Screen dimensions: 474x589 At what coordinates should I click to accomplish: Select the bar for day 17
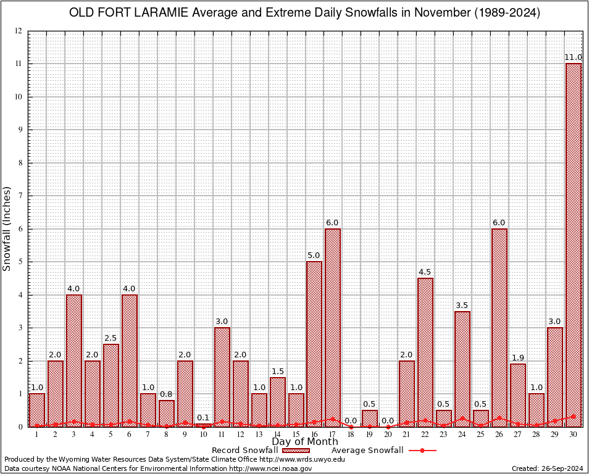[333, 327]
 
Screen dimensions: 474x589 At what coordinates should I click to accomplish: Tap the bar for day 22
[425, 352]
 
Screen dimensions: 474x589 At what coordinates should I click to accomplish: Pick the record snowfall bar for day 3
[74, 360]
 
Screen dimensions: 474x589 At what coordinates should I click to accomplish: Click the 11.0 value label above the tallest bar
[574, 57]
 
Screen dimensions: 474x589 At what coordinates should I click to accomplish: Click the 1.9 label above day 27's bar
[518, 358]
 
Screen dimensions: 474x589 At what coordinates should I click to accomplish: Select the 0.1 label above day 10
[204, 417]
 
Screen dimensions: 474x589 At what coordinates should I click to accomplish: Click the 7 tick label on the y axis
[20, 196]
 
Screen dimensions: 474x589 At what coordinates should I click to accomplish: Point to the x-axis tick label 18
[351, 434]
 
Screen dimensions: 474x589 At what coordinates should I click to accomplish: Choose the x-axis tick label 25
[481, 434]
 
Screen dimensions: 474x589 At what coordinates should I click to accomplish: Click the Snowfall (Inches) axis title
[7, 228]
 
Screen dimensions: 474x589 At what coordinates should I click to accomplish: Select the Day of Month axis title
[304, 442]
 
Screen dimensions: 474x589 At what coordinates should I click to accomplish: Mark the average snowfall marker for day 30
[574, 417]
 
